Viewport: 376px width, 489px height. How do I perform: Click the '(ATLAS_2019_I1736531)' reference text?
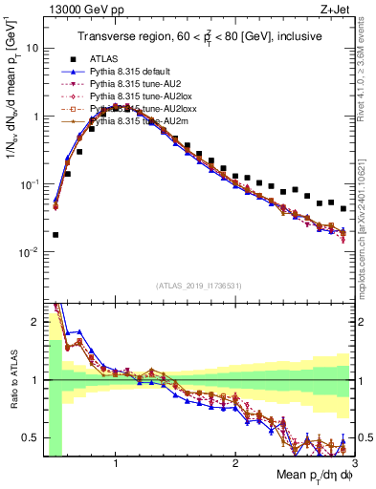coord(199,286)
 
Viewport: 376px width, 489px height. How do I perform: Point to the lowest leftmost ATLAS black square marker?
coord(55,234)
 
